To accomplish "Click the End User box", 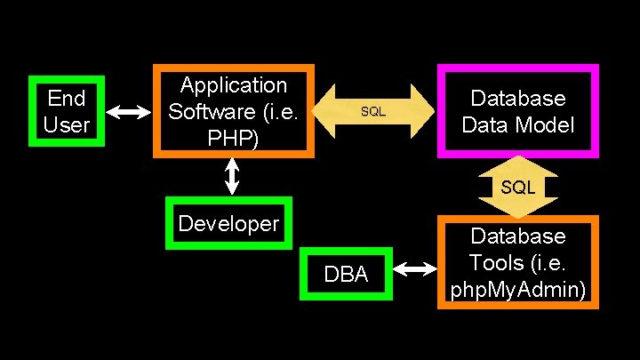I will click(x=67, y=110).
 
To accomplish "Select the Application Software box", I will click(x=234, y=111).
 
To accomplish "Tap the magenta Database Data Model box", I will click(x=517, y=111).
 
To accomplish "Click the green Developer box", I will click(x=228, y=222).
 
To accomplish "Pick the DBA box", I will click(x=346, y=275).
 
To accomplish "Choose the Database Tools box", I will click(x=517, y=262).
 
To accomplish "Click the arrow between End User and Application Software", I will click(x=130, y=112).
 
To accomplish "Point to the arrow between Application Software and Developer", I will click(x=233, y=176).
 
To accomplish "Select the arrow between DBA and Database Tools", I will click(x=413, y=268).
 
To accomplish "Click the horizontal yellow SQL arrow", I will click(x=373, y=112).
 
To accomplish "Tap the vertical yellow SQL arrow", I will click(x=517, y=187).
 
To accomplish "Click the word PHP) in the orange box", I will click(x=234, y=139).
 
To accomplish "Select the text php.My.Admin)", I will click(x=518, y=290).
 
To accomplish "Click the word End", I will click(x=67, y=97).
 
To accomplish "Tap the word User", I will click(x=67, y=124).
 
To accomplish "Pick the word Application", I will click(x=234, y=85).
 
